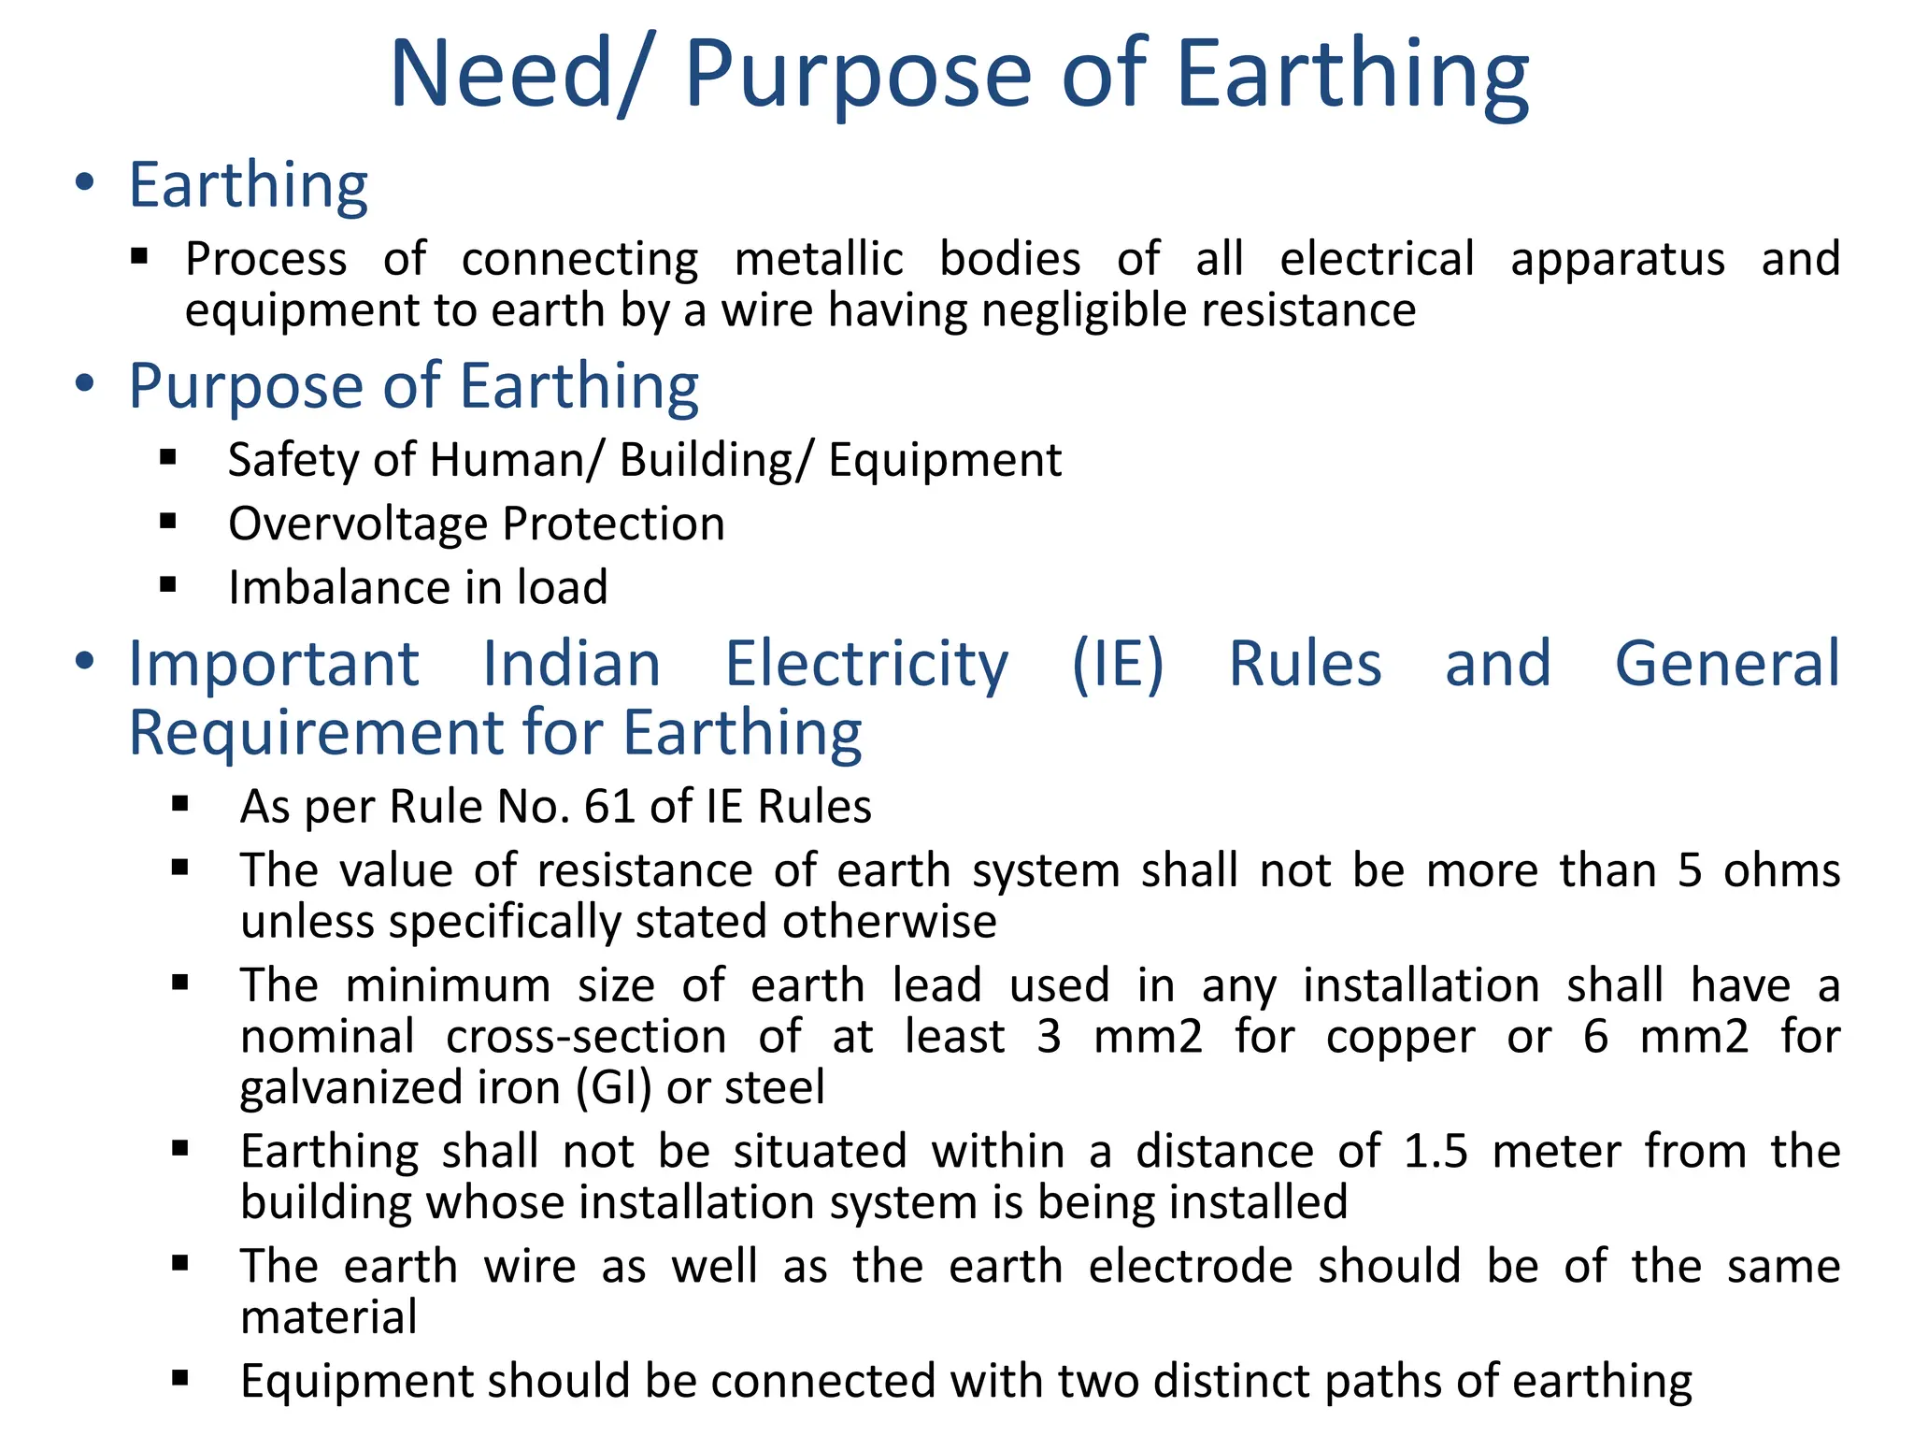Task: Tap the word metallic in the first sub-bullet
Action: point(819,259)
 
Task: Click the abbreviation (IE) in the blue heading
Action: point(1118,665)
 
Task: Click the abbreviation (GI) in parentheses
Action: point(613,1088)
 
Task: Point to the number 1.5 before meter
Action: point(1435,1152)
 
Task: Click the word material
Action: point(329,1318)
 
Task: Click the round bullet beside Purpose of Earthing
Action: point(85,383)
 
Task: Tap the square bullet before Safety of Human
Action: point(168,457)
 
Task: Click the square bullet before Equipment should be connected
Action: point(180,1378)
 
